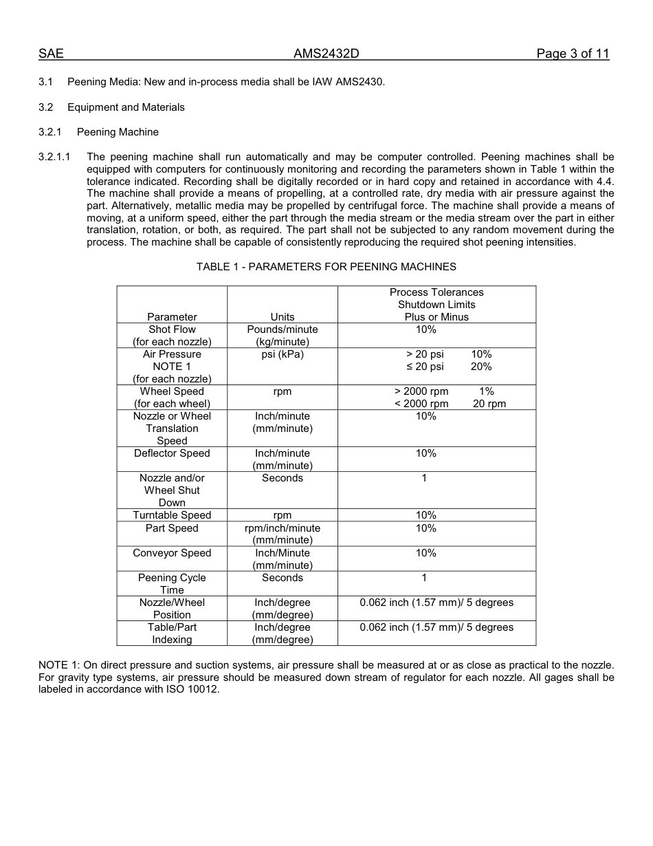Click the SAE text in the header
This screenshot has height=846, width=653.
tap(51, 54)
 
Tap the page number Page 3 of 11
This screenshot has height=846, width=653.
tap(573, 54)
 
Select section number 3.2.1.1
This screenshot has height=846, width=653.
tap(54, 157)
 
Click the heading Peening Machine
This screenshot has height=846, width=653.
tap(118, 132)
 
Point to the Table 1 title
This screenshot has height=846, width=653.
tap(326, 267)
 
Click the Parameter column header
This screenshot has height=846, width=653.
tap(172, 317)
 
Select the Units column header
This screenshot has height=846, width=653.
tap(282, 317)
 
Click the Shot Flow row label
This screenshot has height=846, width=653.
tap(172, 329)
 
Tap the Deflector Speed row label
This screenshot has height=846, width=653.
tap(172, 453)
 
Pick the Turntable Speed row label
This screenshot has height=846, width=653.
tap(172, 515)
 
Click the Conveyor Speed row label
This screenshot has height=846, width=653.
tap(172, 553)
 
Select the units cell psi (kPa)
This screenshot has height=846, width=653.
tap(282, 354)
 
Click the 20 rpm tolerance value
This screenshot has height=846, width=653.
tap(489, 404)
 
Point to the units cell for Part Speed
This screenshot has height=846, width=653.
tap(282, 534)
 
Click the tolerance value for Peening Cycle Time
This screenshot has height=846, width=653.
tap(424, 578)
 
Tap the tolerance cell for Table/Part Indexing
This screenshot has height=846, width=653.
tap(436, 627)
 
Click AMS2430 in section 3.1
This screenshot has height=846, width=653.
tap(360, 83)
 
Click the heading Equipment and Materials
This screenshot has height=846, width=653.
tap(126, 107)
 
